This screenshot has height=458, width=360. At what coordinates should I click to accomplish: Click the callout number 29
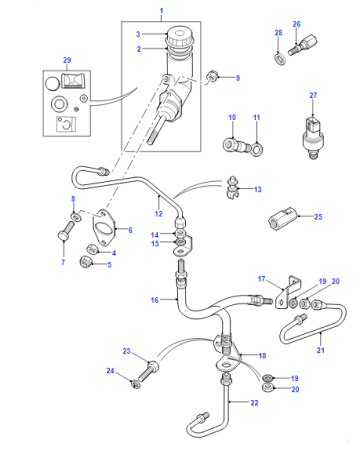click(x=67, y=60)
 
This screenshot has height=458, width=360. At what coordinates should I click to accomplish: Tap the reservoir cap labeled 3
click(x=179, y=37)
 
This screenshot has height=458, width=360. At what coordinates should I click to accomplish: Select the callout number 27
click(x=313, y=95)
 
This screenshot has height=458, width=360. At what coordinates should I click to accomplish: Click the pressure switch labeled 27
click(x=312, y=137)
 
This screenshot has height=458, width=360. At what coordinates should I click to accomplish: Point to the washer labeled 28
click(x=280, y=59)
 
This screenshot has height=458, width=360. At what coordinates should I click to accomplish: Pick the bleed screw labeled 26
click(x=303, y=45)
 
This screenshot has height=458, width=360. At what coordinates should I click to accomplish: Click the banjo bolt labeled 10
click(x=236, y=145)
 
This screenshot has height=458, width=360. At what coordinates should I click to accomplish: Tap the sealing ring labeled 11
click(x=257, y=149)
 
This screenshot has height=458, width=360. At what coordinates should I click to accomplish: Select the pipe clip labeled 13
click(x=232, y=188)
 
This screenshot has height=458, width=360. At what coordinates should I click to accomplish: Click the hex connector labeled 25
click(x=282, y=218)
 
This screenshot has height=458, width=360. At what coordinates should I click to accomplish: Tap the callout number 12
click(x=159, y=214)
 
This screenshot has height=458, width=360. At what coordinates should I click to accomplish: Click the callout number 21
click(x=320, y=350)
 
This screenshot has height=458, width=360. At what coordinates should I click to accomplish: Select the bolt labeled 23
click(x=149, y=371)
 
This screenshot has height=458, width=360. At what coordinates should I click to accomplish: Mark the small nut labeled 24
click(x=135, y=384)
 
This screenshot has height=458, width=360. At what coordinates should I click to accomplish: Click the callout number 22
click(x=254, y=403)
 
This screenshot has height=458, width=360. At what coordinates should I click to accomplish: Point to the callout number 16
click(x=154, y=300)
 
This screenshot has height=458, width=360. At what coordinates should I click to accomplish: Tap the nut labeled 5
click(x=85, y=261)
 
